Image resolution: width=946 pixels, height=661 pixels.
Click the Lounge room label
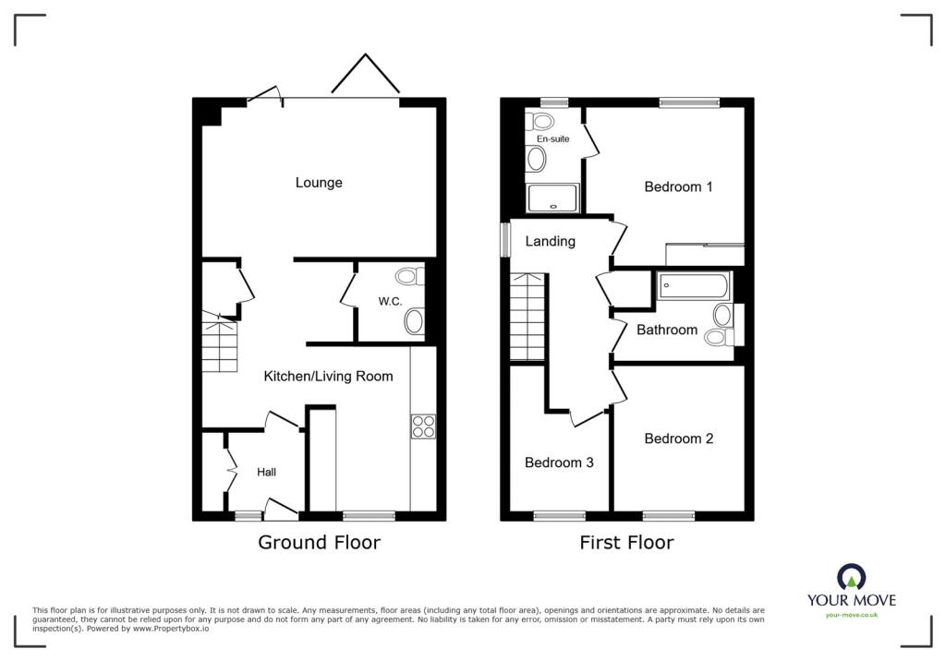click(319, 183)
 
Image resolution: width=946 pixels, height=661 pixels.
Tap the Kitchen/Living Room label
click(328, 377)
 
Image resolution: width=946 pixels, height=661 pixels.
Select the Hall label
click(266, 473)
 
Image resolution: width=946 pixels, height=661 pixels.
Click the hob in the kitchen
click(423, 427)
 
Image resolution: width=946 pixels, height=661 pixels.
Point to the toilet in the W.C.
click(409, 277)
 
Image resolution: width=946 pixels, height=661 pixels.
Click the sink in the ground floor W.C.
click(414, 321)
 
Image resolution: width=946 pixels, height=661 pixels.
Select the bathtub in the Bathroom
click(694, 286)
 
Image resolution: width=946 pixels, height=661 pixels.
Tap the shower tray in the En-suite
click(553, 198)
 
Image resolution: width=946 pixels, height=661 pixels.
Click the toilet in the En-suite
click(540, 123)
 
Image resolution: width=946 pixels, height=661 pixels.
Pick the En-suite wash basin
click(537, 160)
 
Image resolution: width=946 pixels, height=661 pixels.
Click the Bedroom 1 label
click(678, 187)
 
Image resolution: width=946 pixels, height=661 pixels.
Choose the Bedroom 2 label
click(679, 439)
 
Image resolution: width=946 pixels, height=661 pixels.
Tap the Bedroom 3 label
click(559, 463)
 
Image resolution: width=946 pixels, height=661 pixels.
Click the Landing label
click(551, 241)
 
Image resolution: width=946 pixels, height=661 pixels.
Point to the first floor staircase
click(528, 317)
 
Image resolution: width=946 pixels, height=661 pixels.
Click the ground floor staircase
click(220, 342)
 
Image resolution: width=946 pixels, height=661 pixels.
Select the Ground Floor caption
click(319, 542)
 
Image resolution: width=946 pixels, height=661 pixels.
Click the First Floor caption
click(627, 542)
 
